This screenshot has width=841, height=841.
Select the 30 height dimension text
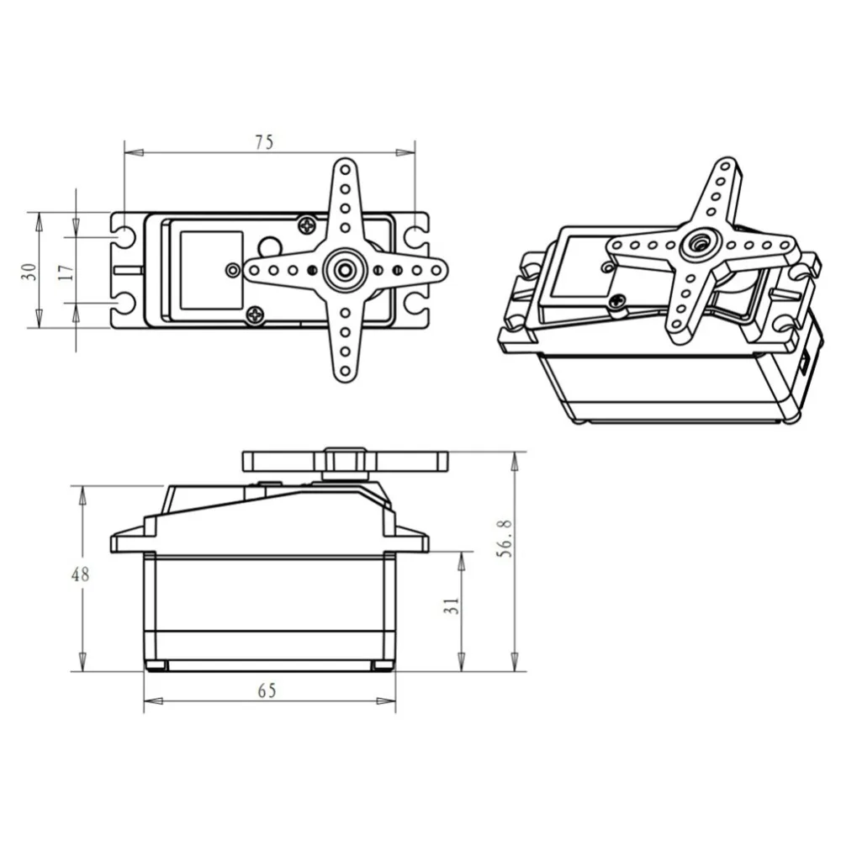pyautogui.click(x=29, y=270)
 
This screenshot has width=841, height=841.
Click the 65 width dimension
pyautogui.click(x=266, y=690)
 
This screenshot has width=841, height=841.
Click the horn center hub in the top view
pyautogui.click(x=345, y=270)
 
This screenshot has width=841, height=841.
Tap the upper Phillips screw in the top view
pyautogui.click(x=308, y=225)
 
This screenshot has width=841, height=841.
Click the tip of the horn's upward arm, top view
pyautogui.click(x=345, y=168)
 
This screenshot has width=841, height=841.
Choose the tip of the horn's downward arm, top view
pyautogui.click(x=345, y=371)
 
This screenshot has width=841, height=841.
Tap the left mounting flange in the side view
pyautogui.click(x=128, y=541)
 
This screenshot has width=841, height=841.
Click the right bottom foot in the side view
pyautogui.click(x=383, y=666)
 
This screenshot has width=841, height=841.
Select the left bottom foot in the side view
pyautogui.click(x=156, y=666)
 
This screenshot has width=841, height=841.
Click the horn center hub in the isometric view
pyautogui.click(x=697, y=245)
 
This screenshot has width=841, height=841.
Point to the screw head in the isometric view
pyautogui.click(x=618, y=300)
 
